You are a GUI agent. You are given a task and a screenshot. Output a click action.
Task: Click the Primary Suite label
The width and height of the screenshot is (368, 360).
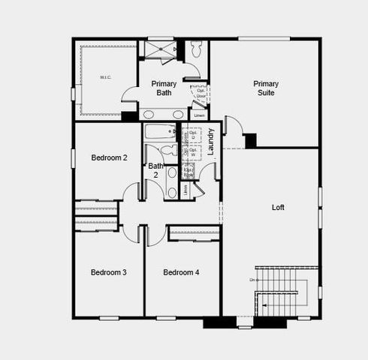(265, 88)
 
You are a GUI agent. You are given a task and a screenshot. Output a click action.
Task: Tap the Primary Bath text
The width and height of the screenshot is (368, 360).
(164, 88)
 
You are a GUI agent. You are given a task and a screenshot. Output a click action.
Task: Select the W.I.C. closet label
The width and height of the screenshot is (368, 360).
(106, 77)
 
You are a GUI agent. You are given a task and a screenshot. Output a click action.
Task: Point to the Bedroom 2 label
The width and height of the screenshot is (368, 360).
(109, 157)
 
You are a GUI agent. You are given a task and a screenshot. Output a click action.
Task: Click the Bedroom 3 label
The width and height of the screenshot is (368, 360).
(108, 271)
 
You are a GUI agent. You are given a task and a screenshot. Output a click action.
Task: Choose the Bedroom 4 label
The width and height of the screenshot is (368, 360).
(181, 271)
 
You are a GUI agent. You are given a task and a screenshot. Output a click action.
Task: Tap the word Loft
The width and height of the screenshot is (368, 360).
(277, 207)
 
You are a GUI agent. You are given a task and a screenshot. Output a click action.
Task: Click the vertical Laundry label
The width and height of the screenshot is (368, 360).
(211, 141)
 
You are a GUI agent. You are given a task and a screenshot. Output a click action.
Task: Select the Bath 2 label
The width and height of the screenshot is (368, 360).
(155, 170)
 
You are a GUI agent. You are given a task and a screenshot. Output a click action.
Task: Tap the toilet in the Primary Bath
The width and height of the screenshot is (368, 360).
(197, 49)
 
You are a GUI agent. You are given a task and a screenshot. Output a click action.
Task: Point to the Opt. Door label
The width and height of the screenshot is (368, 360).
(201, 94)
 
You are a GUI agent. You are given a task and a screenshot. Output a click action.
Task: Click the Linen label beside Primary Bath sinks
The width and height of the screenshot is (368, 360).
(198, 115)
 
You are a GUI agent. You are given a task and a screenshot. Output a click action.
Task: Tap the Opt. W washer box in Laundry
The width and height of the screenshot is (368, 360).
(193, 152)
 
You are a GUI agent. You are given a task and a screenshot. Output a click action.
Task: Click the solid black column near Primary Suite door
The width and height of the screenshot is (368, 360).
(250, 140)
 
